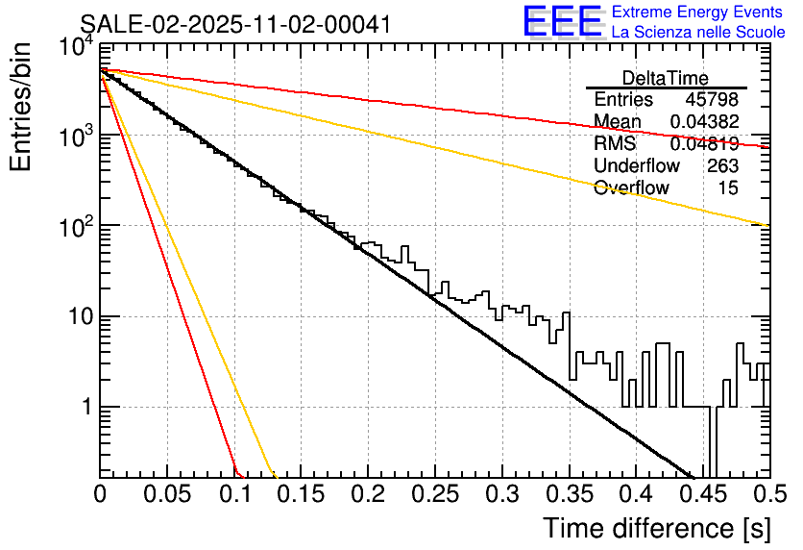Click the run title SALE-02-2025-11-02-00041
235,24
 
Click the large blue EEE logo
563,21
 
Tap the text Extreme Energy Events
698,12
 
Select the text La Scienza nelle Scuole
698,32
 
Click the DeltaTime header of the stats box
666,78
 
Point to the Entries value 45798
712,100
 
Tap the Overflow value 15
728,188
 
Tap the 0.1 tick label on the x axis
233,494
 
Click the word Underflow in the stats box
637,166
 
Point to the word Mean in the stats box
618,122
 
